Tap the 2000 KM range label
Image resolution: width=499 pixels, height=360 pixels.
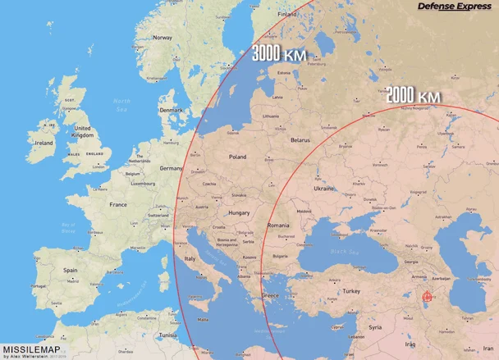413,97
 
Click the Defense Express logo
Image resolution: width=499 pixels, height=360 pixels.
454,7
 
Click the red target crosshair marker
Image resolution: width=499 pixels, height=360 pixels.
426,298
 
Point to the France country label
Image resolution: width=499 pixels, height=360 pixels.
119,204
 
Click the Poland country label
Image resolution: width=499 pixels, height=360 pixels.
237,156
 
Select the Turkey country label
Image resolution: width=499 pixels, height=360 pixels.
352,291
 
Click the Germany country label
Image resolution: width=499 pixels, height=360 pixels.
171,167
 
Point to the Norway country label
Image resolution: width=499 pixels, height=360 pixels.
163,37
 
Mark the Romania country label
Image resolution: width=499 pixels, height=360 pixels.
279,225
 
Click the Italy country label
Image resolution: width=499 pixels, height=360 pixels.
190,258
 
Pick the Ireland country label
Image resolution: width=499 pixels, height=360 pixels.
43,142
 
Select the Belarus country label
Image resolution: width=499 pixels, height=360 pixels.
300,139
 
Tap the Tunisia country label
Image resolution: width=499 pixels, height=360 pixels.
168,335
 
